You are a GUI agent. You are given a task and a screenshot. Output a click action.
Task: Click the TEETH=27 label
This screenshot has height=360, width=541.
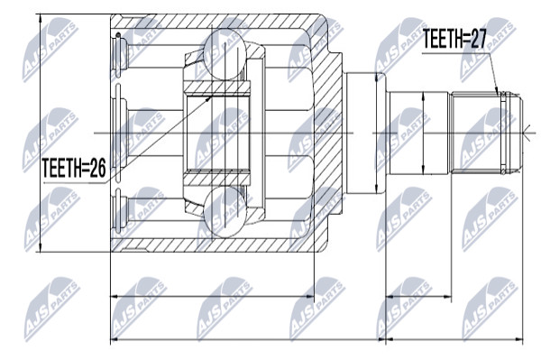[454, 39]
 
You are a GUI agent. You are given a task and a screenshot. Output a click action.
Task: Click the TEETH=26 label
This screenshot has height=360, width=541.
[74, 168]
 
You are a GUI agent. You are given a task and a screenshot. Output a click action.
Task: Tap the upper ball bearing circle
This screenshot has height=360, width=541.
[225, 55]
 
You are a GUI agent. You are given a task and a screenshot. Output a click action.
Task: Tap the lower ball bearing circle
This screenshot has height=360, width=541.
[225, 212]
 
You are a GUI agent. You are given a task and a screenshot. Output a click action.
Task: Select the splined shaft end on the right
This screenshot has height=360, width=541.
[487, 133]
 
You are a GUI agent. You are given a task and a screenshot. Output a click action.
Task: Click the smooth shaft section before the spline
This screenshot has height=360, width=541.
[418, 133]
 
